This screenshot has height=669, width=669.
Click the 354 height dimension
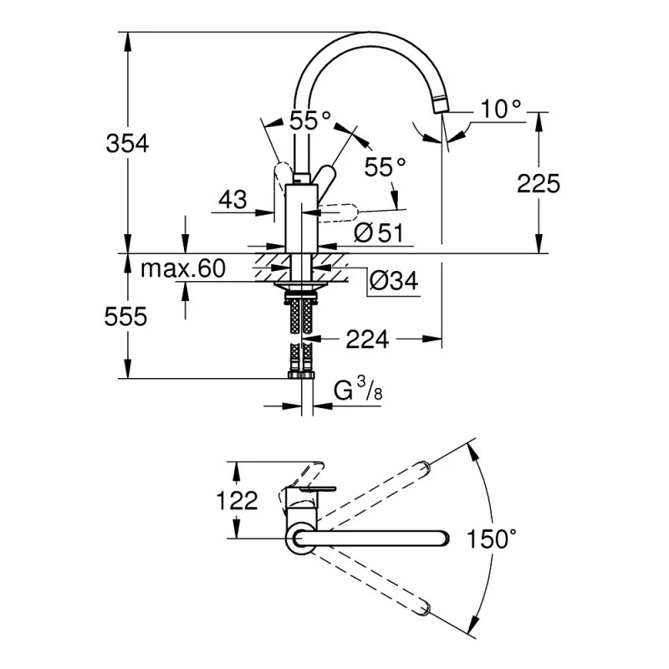coord(127,144)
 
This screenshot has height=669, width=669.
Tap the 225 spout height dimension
coord(538,183)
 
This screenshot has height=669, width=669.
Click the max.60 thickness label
coord(183,268)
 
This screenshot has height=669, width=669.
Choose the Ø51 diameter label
coord(379,233)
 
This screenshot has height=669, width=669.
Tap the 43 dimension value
coord(233,200)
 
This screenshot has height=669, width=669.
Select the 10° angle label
coord(501,108)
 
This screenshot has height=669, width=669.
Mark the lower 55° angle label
coord(385,167)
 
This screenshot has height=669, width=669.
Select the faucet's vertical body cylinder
coord(300,217)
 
